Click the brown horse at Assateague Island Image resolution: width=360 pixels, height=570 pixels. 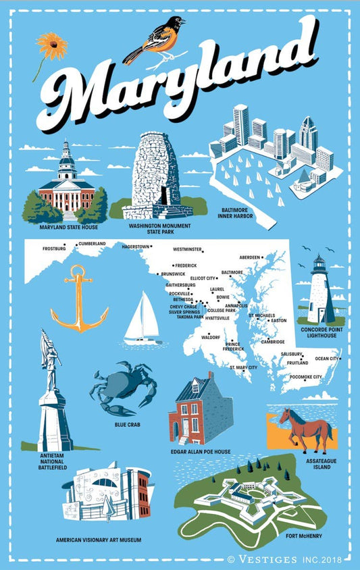307,428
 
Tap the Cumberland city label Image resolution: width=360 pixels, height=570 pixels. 93,244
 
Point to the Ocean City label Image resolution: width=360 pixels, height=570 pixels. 327,358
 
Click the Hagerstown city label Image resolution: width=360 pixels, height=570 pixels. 135,247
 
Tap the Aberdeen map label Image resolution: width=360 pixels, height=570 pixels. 250,257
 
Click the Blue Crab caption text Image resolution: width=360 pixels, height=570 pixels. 127,424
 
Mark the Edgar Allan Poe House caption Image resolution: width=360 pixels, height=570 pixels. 206,451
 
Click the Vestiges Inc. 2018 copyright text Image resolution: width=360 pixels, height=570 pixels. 290,559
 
